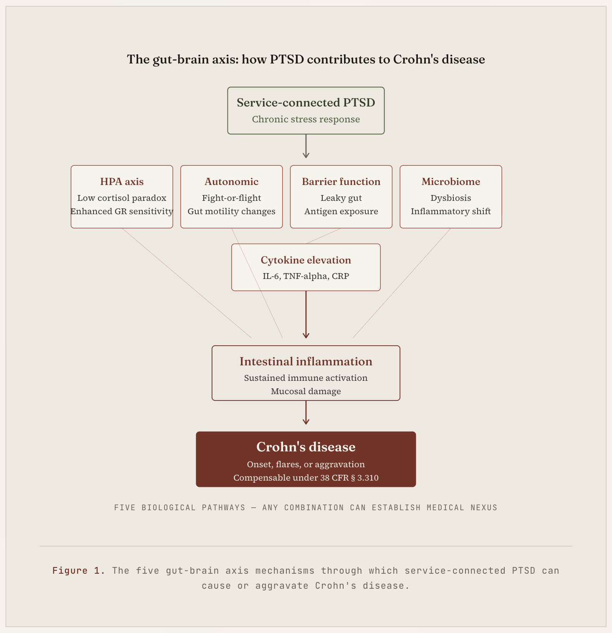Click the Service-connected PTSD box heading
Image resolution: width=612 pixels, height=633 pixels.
(306, 103)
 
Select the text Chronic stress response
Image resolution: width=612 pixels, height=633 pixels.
(306, 119)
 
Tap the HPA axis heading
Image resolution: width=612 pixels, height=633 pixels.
(122, 182)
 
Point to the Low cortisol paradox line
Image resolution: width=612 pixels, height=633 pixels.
(122, 198)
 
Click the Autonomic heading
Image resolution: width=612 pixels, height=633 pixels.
(231, 182)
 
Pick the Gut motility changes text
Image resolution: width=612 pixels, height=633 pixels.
(231, 211)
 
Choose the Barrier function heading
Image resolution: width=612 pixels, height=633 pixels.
(341, 182)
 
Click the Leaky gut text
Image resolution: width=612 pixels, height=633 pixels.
(341, 198)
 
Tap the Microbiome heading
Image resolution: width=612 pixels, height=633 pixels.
(451, 182)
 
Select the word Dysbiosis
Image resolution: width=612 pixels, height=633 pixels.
(451, 198)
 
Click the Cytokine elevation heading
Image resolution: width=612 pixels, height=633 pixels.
(306, 260)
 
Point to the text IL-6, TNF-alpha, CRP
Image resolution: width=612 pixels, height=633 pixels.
(306, 276)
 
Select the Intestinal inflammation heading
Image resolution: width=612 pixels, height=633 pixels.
(306, 362)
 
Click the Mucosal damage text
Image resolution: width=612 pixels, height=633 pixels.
(306, 391)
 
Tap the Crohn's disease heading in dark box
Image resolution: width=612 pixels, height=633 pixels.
(306, 447)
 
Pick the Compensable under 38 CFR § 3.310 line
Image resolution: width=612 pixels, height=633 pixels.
(306, 478)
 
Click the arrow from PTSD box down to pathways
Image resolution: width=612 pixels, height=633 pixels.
(306, 146)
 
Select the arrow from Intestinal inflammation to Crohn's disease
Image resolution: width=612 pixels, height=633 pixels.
(306, 413)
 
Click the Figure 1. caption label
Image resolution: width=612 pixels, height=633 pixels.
(78, 571)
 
